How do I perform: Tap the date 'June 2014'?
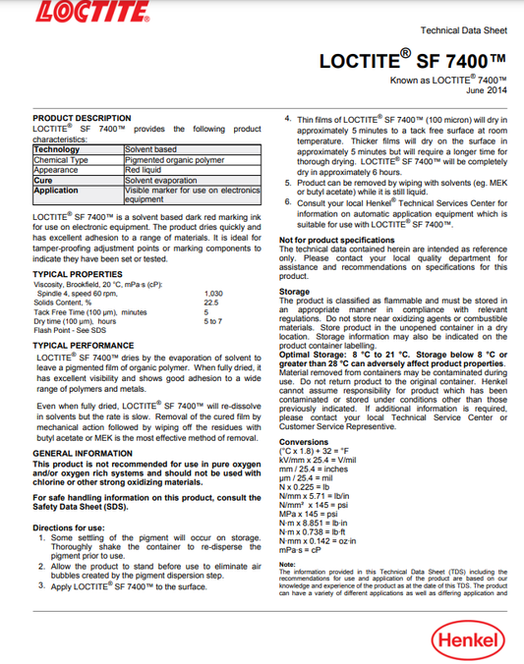coord(486,89)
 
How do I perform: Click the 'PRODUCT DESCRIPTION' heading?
coord(82,118)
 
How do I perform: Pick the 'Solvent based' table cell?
coord(150,149)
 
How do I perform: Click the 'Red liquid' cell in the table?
coord(145,170)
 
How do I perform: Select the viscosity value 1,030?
coord(214,294)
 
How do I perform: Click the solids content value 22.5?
coord(210,303)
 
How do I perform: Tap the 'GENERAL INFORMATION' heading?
coord(83,454)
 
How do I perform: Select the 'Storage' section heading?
coord(295,292)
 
